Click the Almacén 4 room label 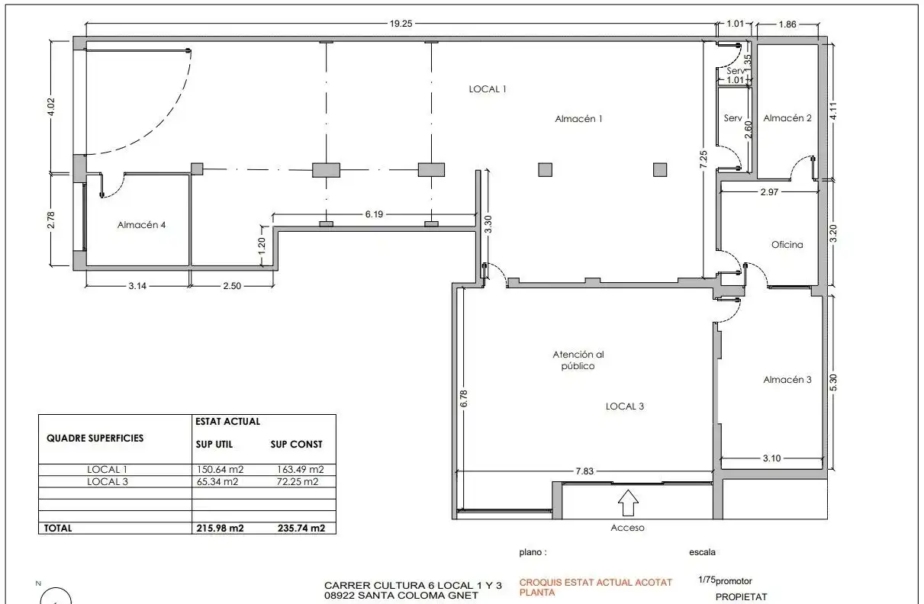[x=141, y=225]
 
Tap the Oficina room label [x=787, y=245]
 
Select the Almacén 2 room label [x=787, y=118]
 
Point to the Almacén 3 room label [x=787, y=379]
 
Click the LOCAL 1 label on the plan [x=487, y=89]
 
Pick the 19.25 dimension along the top [x=401, y=24]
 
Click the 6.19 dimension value [x=374, y=214]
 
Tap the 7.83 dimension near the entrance [x=584, y=471]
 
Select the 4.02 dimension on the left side [x=51, y=107]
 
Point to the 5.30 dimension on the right [x=833, y=383]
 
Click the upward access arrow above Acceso [x=628, y=503]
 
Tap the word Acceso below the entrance [x=627, y=528]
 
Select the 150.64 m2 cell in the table [x=220, y=470]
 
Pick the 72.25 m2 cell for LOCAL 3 [x=298, y=481]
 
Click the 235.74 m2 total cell [x=301, y=528]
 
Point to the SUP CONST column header [x=296, y=444]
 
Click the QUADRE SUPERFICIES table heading [x=95, y=438]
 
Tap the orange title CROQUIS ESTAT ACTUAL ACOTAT [x=596, y=582]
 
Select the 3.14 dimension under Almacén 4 [x=137, y=286]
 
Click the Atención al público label [x=578, y=360]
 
